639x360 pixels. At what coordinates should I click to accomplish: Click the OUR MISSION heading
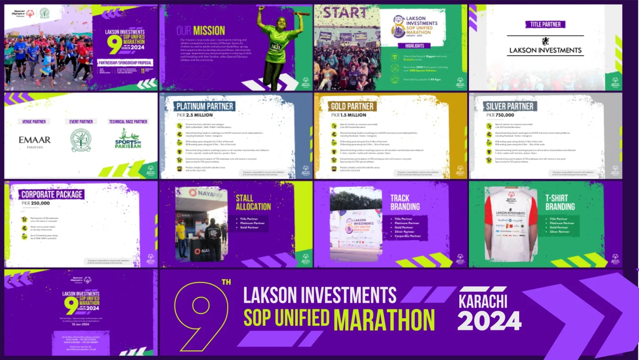click(x=201, y=31)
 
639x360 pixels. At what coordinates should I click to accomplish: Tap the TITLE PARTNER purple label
click(x=545, y=24)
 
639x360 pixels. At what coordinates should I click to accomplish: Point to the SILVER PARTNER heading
click(x=509, y=107)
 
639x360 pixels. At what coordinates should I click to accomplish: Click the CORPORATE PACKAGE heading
click(x=52, y=194)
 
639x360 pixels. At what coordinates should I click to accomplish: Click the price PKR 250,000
click(x=36, y=203)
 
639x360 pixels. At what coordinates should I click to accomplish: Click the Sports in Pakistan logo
click(x=128, y=139)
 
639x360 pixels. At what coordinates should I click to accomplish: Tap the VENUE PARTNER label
click(x=34, y=122)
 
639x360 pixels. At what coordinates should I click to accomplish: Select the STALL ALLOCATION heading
click(x=253, y=202)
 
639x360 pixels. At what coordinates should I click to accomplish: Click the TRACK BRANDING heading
click(x=405, y=202)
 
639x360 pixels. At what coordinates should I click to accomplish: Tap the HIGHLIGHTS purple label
click(x=414, y=45)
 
